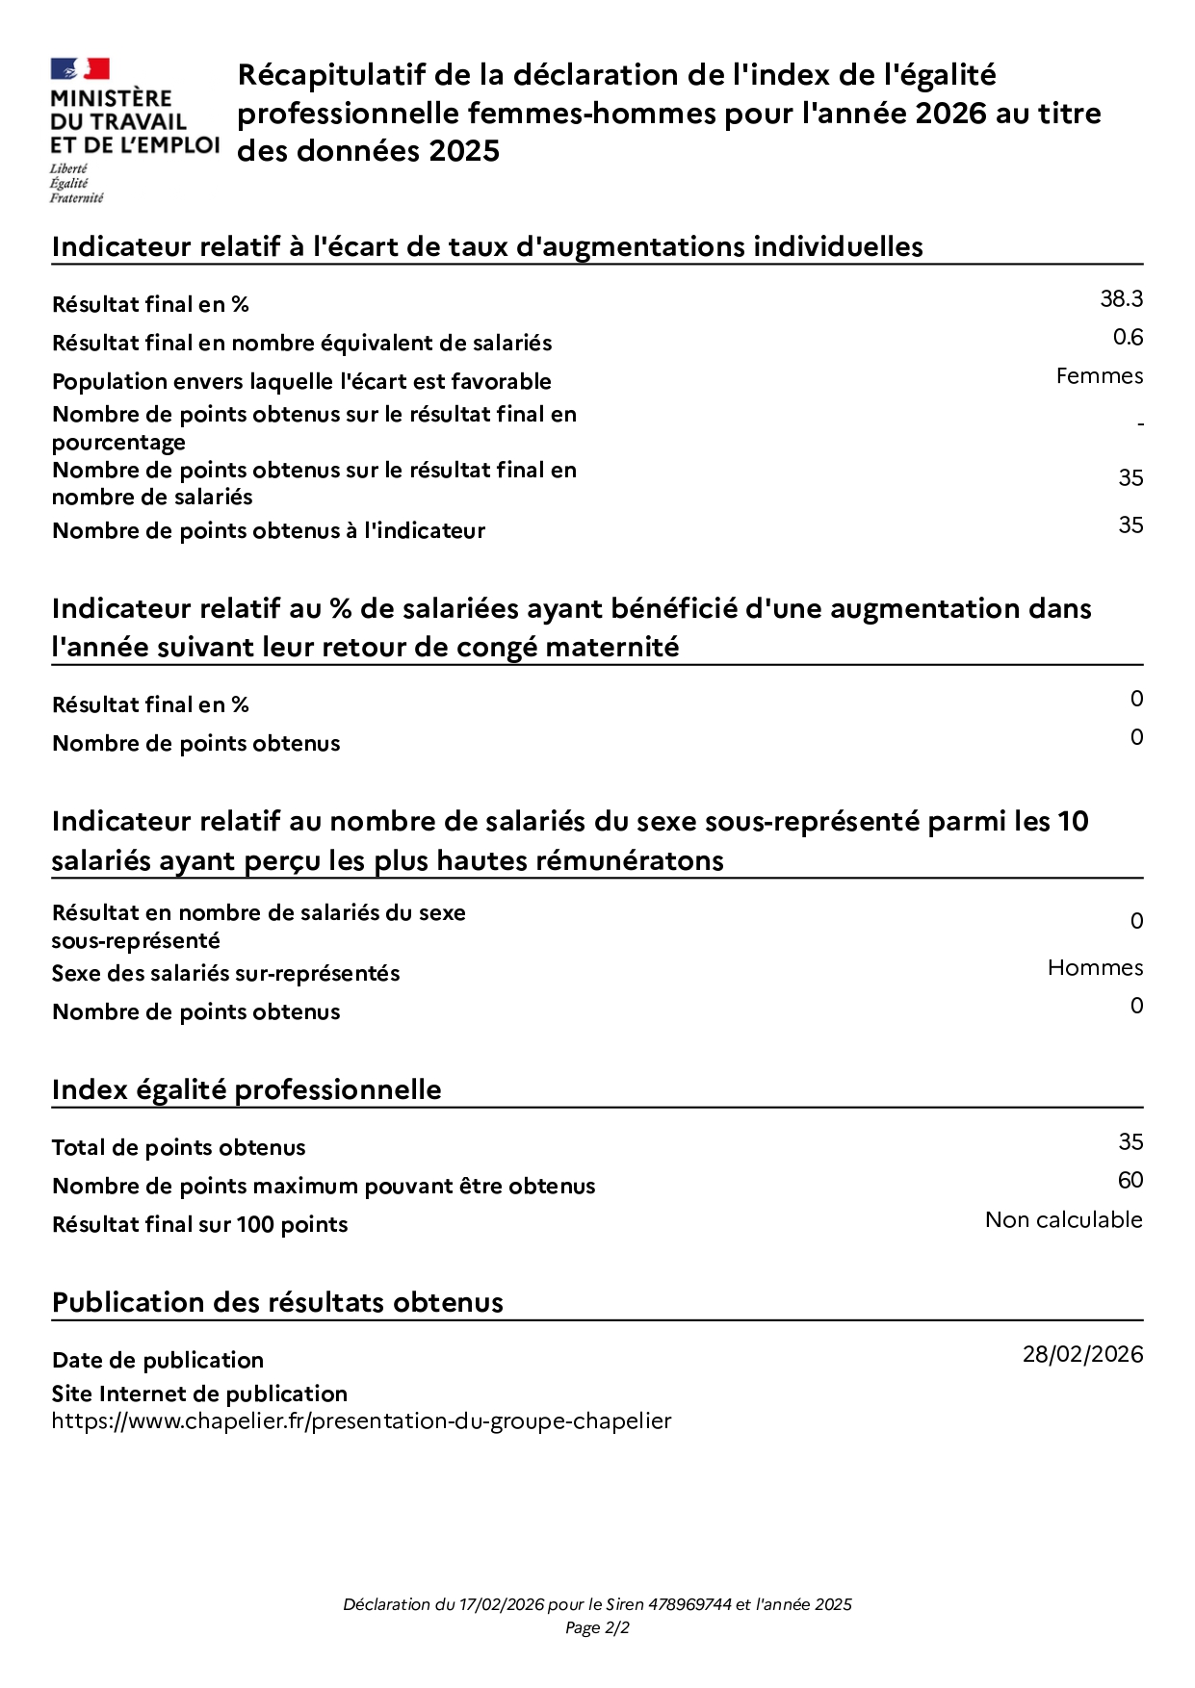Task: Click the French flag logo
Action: point(80,69)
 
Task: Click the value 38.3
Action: point(1121,299)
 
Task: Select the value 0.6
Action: point(1128,338)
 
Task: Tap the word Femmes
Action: point(1099,376)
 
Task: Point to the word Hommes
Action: point(1095,968)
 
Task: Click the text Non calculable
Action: point(1063,1220)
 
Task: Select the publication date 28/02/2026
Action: point(1082,1355)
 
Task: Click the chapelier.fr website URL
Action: point(361,1421)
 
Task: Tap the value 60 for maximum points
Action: point(1130,1181)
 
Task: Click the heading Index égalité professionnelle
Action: point(247,1090)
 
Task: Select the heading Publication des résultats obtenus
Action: point(277,1303)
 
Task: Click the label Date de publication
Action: point(158,1361)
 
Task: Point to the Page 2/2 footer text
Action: point(597,1628)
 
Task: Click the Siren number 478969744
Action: point(689,1604)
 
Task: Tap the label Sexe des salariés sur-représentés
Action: point(225,974)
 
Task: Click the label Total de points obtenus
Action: point(178,1148)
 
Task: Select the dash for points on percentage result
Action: point(1140,424)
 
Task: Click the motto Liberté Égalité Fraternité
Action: point(76,183)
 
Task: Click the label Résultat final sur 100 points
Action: point(199,1225)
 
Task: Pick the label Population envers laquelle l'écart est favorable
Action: point(301,382)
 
